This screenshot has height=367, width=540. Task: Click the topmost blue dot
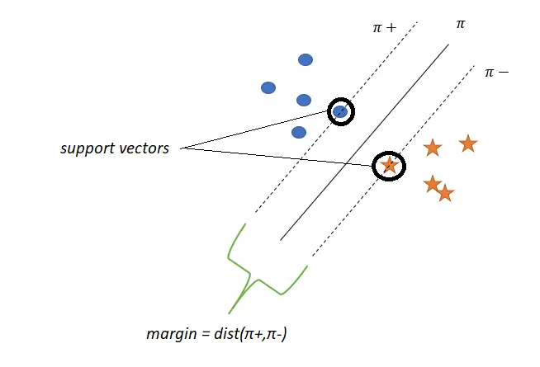(306, 59)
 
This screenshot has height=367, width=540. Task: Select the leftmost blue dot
(268, 87)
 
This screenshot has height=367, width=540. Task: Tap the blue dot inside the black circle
(339, 111)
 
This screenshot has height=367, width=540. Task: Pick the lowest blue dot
(299, 132)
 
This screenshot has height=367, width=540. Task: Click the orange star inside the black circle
(390, 166)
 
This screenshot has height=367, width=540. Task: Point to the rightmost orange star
(467, 144)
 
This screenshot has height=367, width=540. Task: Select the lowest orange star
(445, 194)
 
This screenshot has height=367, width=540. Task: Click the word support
(87, 149)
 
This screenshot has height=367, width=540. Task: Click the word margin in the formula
(166, 334)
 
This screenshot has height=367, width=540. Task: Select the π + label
(384, 28)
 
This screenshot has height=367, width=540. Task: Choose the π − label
(496, 73)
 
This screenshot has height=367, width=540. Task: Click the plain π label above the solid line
(461, 25)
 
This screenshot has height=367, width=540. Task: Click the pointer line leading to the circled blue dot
(256, 129)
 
